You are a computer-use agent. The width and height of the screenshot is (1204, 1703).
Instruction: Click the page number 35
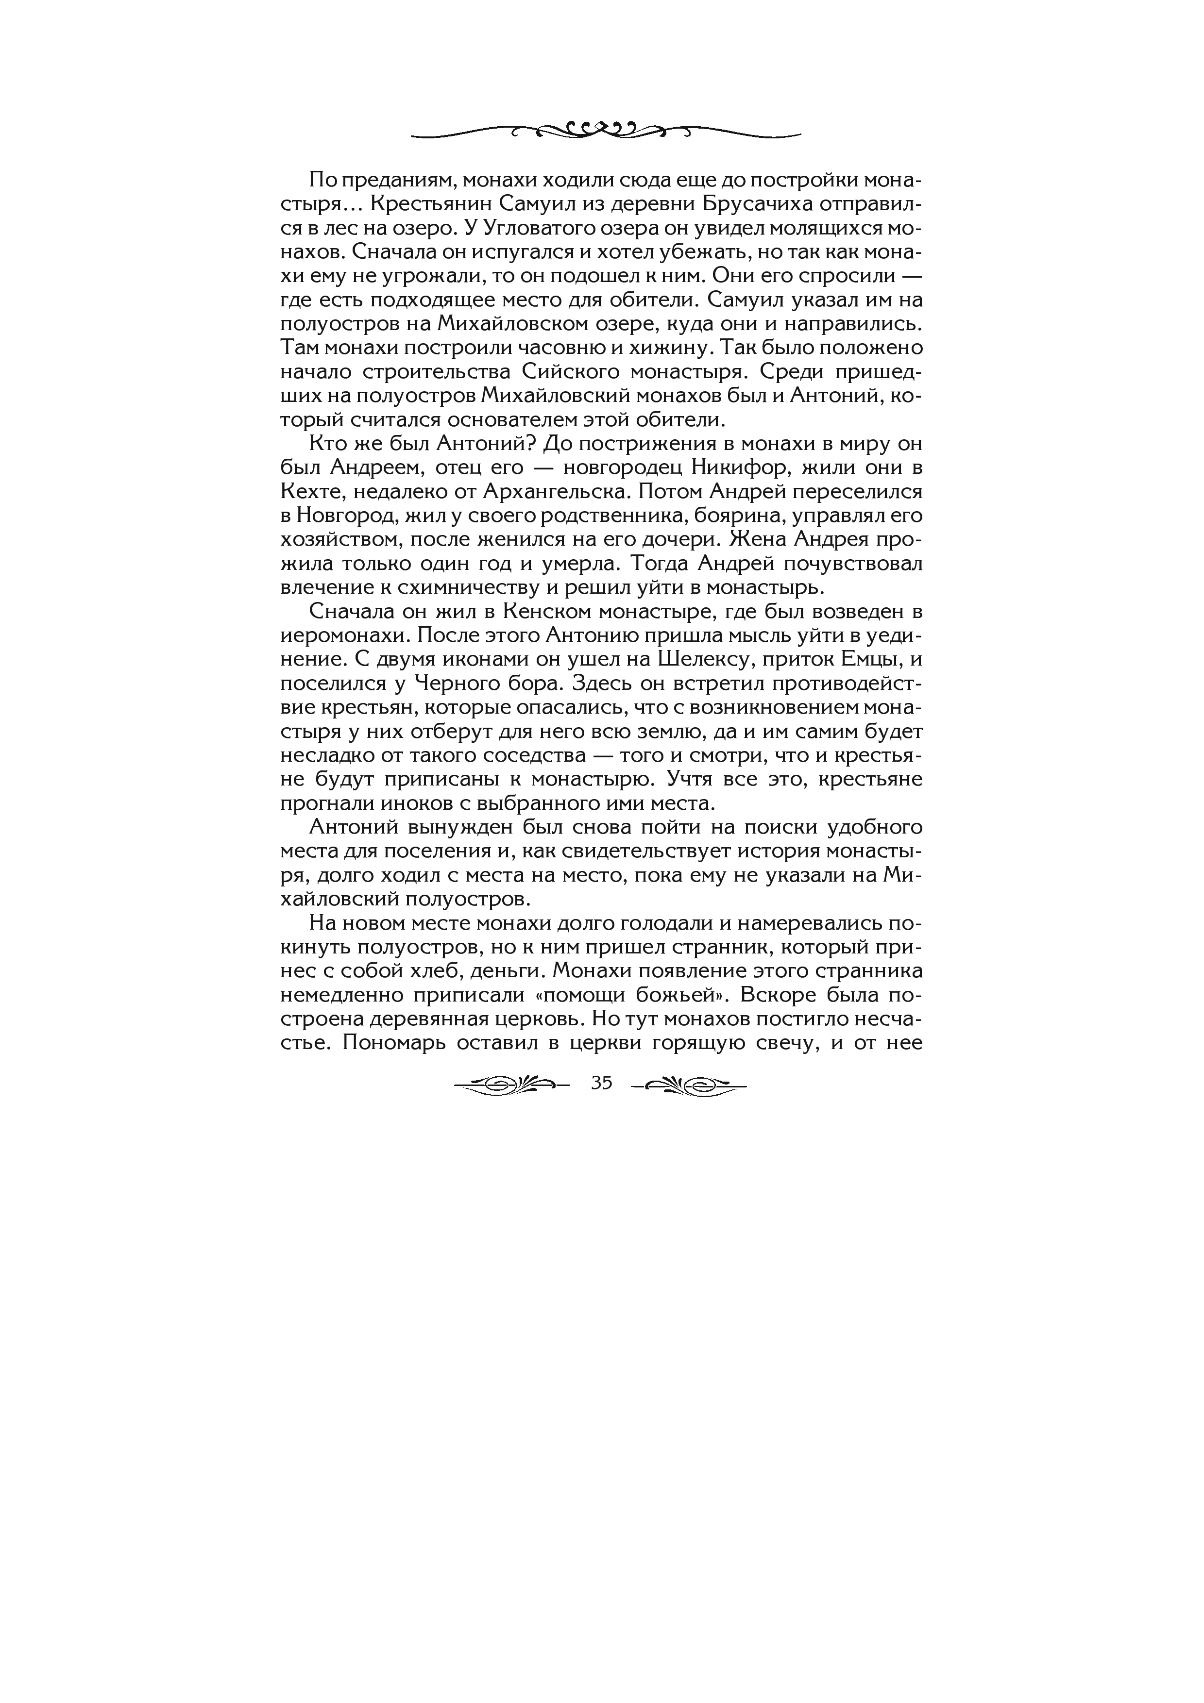coord(602,1083)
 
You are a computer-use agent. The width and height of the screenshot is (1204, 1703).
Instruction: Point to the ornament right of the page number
coord(688,1085)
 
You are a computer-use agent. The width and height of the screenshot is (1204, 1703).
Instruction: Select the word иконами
coord(454,659)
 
